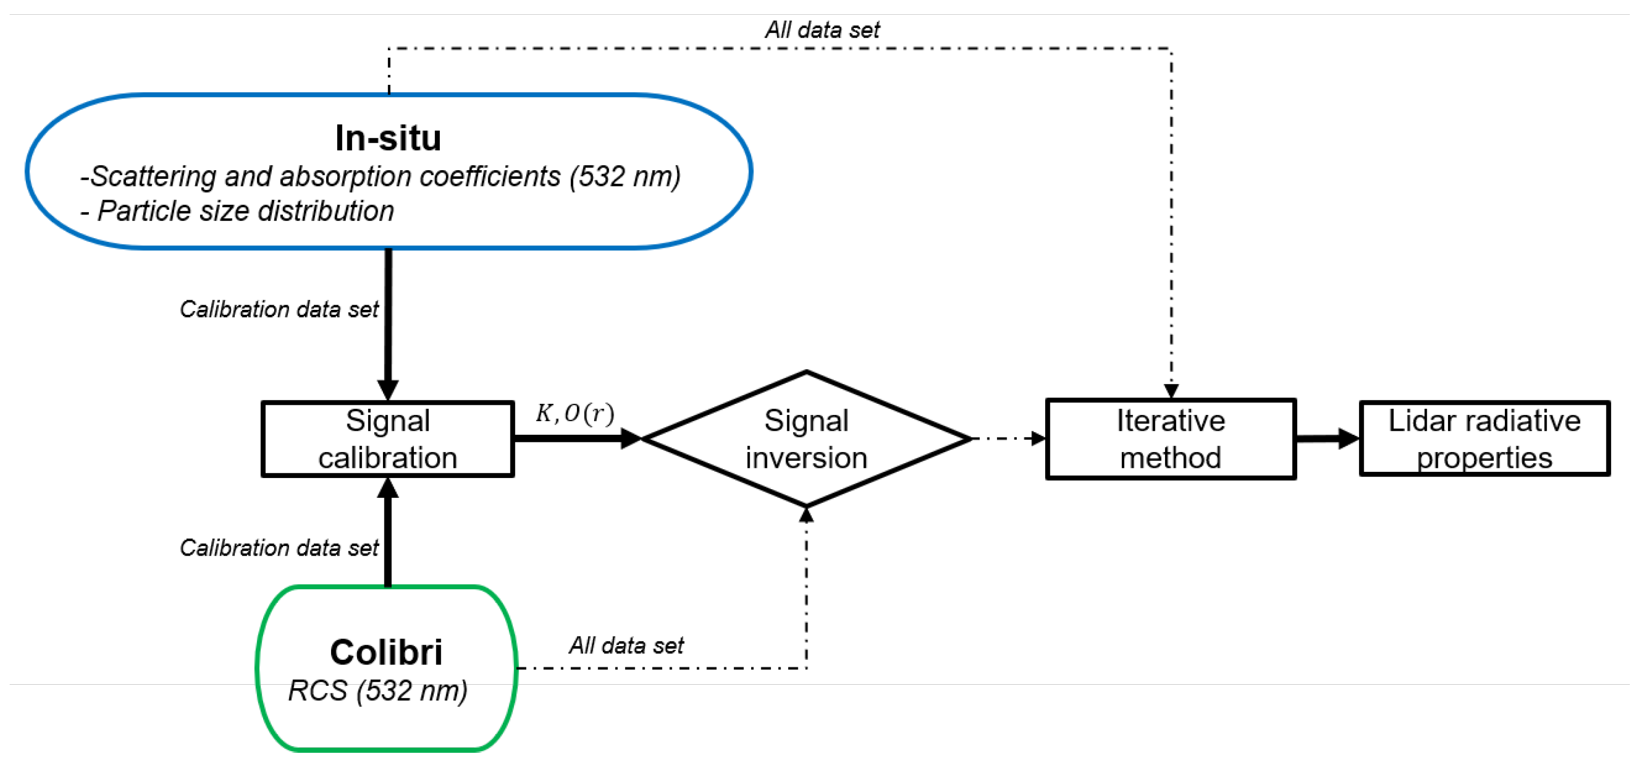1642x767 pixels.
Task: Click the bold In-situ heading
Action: click(388, 138)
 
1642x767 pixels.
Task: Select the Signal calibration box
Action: click(388, 439)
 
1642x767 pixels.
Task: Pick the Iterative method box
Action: click(1170, 439)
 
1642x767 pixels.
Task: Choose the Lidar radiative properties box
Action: click(1484, 439)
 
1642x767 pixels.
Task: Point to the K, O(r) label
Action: click(574, 414)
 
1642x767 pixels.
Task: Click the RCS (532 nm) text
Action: click(377, 690)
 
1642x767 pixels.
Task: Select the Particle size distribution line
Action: click(237, 211)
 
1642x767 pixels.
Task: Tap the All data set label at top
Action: click(822, 29)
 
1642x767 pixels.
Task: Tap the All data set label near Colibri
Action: click(626, 645)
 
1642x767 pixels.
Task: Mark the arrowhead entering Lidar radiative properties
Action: click(1349, 439)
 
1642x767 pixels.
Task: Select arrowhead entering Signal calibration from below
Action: click(388, 488)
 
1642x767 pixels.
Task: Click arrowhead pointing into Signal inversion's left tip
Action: click(631, 439)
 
